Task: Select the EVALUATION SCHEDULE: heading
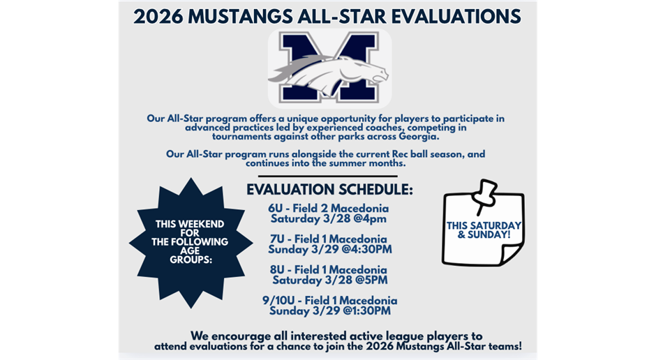pyautogui.click(x=329, y=190)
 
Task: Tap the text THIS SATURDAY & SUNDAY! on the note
pyautogui.click(x=484, y=230)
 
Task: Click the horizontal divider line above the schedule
pyautogui.click(x=327, y=177)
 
